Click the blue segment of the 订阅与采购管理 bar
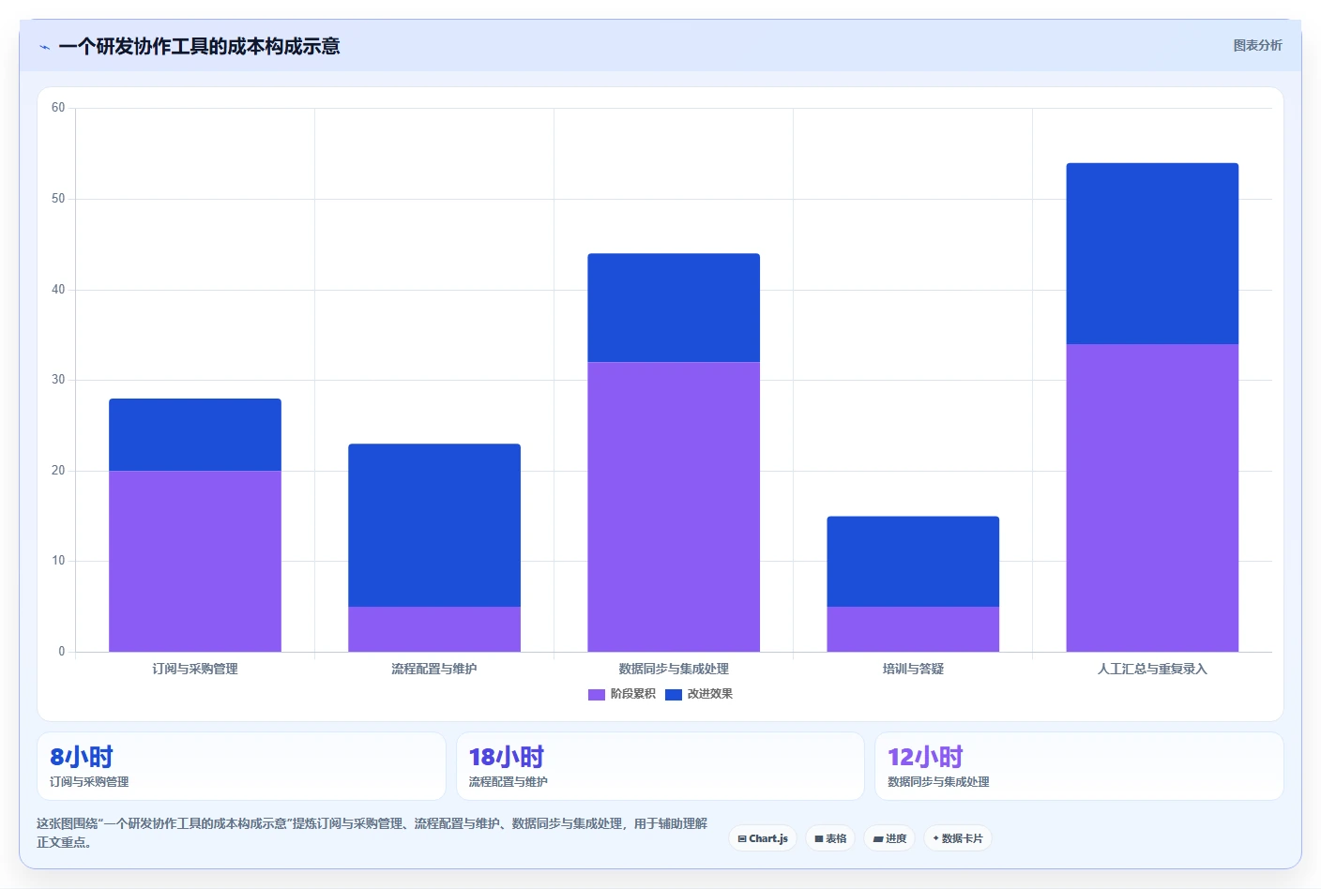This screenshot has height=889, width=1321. [x=195, y=434]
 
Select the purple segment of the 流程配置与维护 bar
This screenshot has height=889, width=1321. [x=434, y=629]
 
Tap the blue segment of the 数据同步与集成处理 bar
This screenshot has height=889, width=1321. [x=674, y=308]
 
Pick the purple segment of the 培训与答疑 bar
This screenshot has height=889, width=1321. [x=913, y=629]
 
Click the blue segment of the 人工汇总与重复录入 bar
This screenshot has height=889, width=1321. [x=1152, y=253]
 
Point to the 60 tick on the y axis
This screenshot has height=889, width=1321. [x=58, y=107]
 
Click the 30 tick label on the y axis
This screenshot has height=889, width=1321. [x=58, y=380]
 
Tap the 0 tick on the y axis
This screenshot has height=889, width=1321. [x=61, y=652]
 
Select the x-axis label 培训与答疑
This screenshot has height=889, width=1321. [x=913, y=669]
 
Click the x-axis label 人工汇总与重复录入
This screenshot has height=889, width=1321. [x=1152, y=669]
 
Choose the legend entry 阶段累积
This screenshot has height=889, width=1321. [x=622, y=694]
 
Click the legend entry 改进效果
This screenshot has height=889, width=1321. [x=699, y=694]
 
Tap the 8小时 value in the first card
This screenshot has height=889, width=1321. [x=82, y=757]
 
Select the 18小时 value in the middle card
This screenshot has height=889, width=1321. [x=507, y=757]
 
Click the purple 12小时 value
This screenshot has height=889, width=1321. [x=925, y=757]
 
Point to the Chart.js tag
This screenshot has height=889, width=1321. [x=763, y=838]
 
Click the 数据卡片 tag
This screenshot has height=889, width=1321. [x=958, y=838]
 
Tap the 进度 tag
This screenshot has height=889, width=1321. [x=889, y=838]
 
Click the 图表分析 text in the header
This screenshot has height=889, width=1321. [x=1257, y=45]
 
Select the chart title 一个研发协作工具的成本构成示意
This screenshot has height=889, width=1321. [x=199, y=46]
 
